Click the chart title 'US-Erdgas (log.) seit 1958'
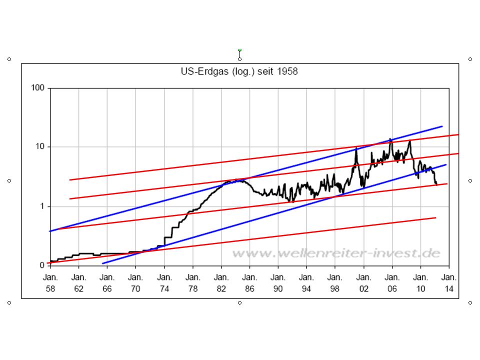(239, 71)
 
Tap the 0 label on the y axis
(42, 265)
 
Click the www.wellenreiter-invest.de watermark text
(336, 253)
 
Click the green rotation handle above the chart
(239, 50)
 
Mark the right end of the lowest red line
(436, 217)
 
